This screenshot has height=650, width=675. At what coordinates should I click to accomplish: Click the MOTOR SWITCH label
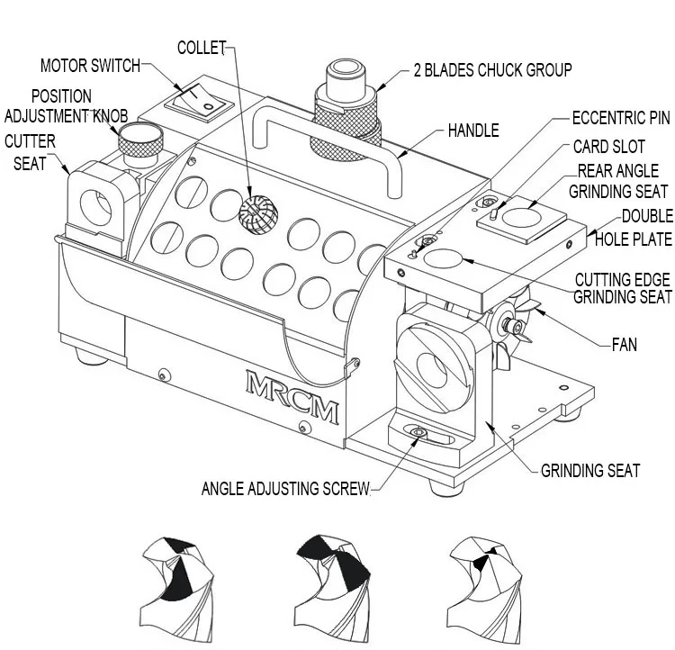pyautogui.click(x=90, y=66)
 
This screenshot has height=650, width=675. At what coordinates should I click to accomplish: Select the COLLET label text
pyautogui.click(x=202, y=48)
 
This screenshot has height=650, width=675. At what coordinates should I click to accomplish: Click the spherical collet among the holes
pyautogui.click(x=258, y=214)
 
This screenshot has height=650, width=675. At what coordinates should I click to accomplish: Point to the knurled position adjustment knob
pyautogui.click(x=140, y=140)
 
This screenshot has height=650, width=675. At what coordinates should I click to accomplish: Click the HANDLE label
pyautogui.click(x=473, y=130)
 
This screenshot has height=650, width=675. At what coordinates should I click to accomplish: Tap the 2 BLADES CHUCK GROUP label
pyautogui.click(x=493, y=70)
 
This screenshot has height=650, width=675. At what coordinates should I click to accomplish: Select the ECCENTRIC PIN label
pyautogui.click(x=621, y=118)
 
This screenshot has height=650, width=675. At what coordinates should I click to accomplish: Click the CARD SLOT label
pyautogui.click(x=609, y=147)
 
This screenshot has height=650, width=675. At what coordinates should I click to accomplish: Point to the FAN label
pyautogui.click(x=625, y=344)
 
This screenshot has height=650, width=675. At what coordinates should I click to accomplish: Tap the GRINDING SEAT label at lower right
pyautogui.click(x=590, y=470)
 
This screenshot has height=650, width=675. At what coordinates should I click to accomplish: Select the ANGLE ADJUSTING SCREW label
pyautogui.click(x=286, y=489)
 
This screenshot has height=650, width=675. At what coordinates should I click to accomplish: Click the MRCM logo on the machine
pyautogui.click(x=292, y=397)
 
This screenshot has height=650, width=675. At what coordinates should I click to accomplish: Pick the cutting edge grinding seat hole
pyautogui.click(x=443, y=258)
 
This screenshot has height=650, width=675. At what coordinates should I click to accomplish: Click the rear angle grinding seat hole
pyautogui.click(x=521, y=217)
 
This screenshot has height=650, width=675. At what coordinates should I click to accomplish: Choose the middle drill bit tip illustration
pyautogui.click(x=332, y=589)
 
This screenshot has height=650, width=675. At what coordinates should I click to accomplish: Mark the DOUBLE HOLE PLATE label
pyautogui.click(x=634, y=228)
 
